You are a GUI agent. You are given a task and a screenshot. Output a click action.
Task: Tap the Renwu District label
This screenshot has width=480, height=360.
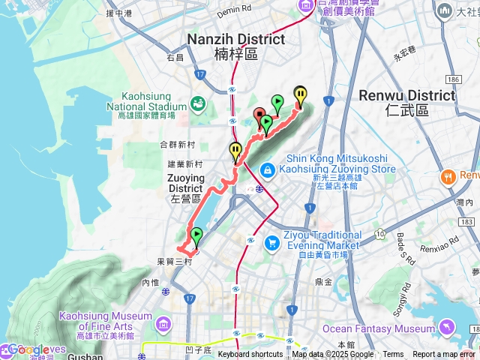tap(406, 96)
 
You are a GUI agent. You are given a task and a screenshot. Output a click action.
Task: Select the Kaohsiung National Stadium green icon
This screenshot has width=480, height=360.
tap(199, 102)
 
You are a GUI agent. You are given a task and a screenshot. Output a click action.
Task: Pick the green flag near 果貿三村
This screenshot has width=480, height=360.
tap(196, 235)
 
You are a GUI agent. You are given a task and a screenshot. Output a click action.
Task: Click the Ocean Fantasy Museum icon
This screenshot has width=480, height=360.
tap(447, 328)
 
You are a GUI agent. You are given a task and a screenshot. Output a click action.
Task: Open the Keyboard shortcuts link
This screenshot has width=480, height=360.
tap(250, 354)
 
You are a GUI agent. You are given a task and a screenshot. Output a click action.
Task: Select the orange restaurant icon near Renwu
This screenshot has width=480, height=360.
tap(448, 176)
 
